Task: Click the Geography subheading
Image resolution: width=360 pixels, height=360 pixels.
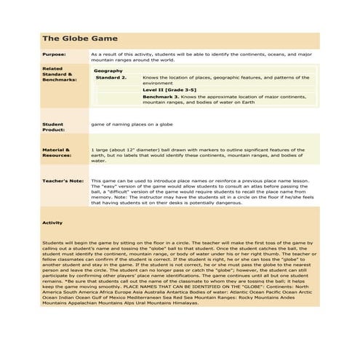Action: click(x=108, y=70)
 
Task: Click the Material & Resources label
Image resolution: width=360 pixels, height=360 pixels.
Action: click(x=56, y=152)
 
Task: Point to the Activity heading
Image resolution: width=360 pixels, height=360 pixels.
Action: click(x=52, y=223)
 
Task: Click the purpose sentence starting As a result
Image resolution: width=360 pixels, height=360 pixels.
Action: click(x=204, y=54)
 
